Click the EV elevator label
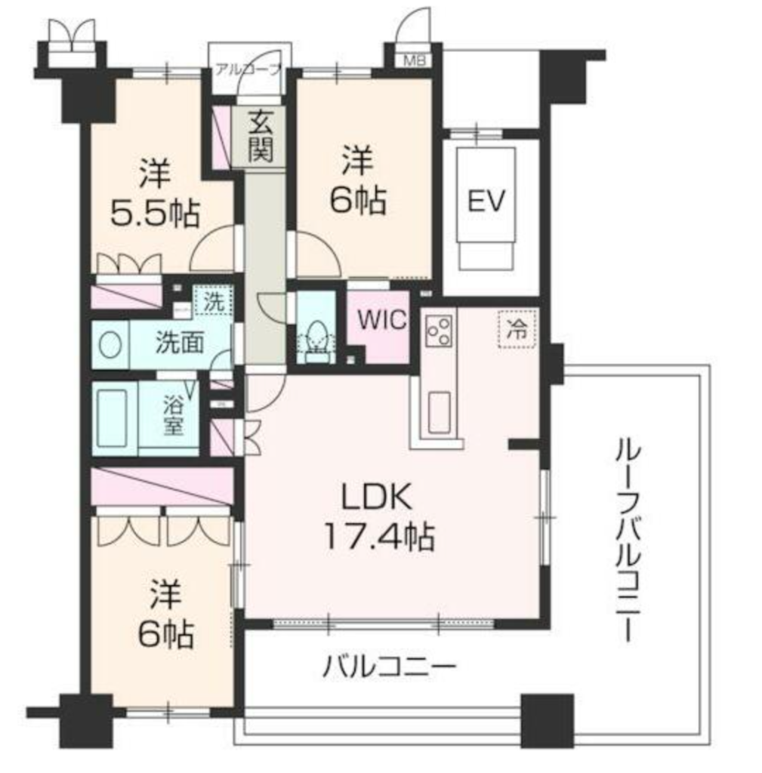(486, 201)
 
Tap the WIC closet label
(382, 320)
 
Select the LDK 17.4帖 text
(379, 516)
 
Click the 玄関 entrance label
(261, 136)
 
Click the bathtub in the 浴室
(112, 418)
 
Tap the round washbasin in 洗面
(110, 343)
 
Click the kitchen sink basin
(439, 412)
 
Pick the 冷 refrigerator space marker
(517, 329)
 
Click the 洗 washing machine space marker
(214, 300)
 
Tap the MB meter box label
(415, 60)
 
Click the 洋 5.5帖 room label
(155, 192)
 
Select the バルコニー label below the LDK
(389, 667)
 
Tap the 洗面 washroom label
(180, 343)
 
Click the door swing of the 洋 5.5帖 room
(212, 248)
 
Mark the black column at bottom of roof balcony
(548, 721)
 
